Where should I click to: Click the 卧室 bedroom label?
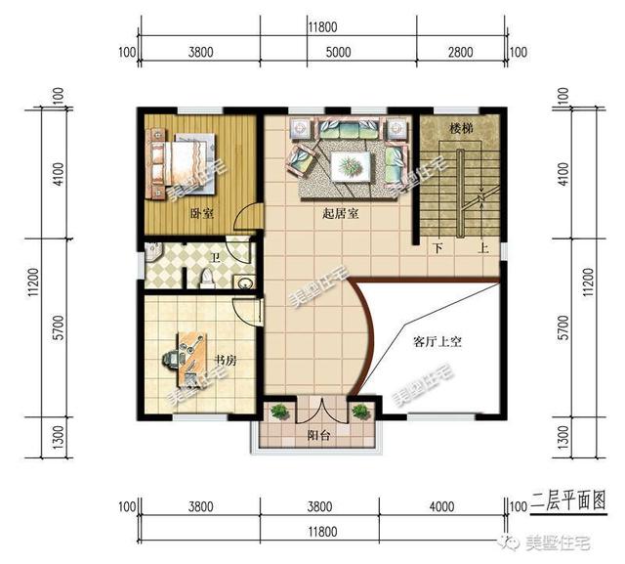[202, 212]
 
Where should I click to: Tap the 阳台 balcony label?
[318, 436]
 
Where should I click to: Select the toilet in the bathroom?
[206, 280]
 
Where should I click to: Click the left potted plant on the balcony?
[280, 412]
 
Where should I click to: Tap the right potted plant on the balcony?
[359, 412]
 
